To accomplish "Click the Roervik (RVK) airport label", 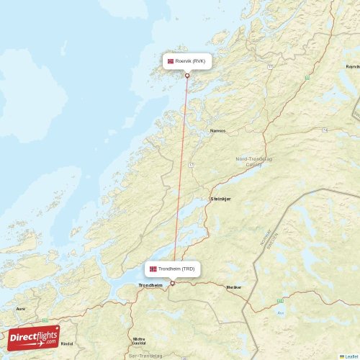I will (x=190, y=61).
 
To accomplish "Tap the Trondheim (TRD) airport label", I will (x=176, y=269).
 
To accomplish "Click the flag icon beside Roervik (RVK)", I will (x=171, y=61).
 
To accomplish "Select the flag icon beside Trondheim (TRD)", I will (x=153, y=269).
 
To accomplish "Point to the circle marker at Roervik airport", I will (x=187, y=76).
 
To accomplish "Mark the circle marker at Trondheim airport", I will (x=172, y=283).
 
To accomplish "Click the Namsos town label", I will (x=217, y=131).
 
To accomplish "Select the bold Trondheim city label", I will (x=150, y=286).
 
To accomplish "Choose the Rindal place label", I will (x=66, y=344).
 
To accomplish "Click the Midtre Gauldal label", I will (x=139, y=341).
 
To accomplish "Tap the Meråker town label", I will (x=234, y=287).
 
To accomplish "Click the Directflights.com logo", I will (x=34, y=337).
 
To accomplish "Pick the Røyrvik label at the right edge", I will (x=352, y=66).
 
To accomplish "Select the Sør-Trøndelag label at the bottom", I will (x=143, y=356).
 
